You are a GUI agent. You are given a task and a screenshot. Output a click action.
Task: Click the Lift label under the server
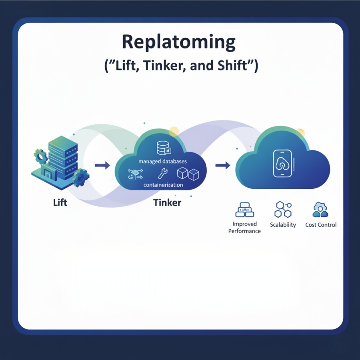(60, 202)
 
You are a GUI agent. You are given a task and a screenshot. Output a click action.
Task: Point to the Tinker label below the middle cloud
(167, 202)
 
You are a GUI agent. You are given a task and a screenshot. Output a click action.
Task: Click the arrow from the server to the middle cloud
(102, 165)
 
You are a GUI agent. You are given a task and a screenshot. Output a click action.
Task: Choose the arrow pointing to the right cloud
(222, 165)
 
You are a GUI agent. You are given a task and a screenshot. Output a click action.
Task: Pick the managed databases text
(163, 161)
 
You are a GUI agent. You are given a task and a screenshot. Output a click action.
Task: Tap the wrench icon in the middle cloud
(162, 173)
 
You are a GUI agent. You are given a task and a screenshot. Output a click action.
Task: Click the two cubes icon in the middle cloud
(188, 174)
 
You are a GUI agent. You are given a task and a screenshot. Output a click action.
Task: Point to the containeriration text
(163, 185)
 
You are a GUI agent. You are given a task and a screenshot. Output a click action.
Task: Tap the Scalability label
(283, 225)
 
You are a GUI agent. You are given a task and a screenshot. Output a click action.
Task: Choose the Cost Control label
(321, 225)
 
